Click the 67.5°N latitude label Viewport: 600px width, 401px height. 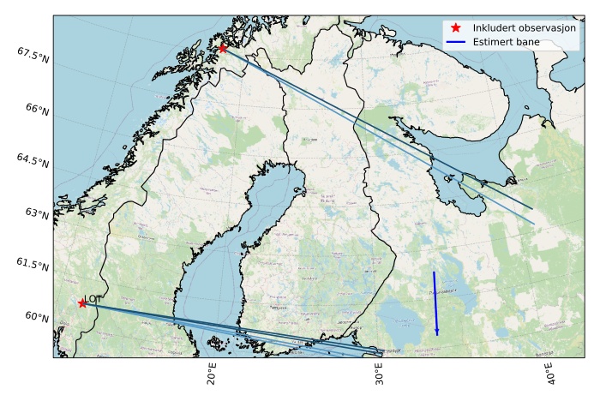(x=32, y=54)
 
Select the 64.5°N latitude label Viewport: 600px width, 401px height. (x=32, y=161)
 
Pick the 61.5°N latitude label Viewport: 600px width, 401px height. (x=32, y=265)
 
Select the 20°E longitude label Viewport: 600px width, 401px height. (x=211, y=374)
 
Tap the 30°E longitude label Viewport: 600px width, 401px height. (x=379, y=374)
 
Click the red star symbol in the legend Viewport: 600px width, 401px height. (x=455, y=27)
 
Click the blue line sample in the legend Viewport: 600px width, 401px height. (x=455, y=41)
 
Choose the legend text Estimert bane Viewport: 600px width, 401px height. (x=509, y=41)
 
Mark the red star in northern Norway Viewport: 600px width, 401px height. (x=223, y=48)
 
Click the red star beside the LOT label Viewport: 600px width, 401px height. (x=82, y=303)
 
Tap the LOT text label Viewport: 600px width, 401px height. (x=94, y=299)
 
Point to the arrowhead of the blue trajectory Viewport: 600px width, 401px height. (x=437, y=332)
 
